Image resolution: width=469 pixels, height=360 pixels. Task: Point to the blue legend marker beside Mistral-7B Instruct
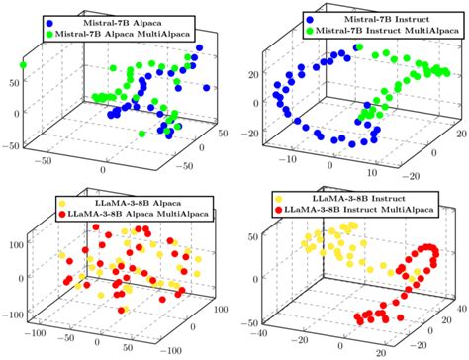click(285, 19)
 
